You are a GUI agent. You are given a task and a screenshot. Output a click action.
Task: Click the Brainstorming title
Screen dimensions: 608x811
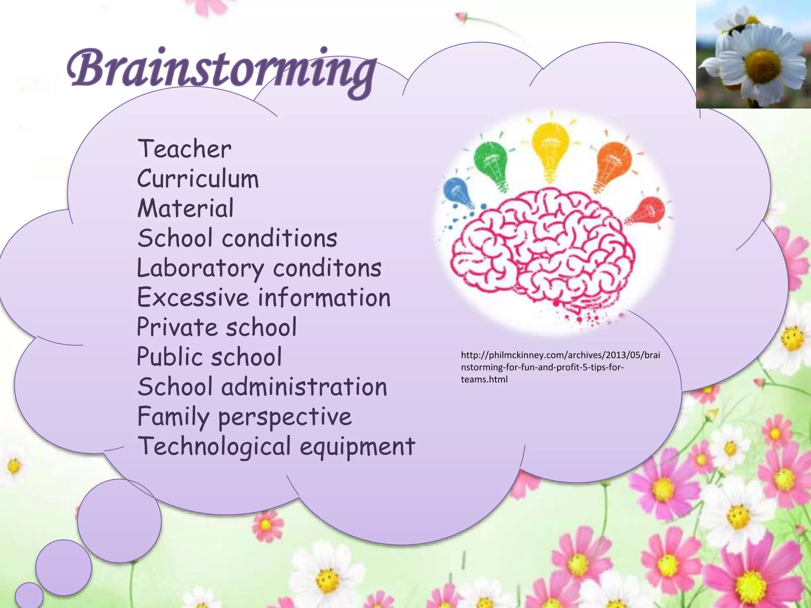coord(221,70)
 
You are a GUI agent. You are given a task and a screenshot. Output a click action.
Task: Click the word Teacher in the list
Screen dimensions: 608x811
coord(184,149)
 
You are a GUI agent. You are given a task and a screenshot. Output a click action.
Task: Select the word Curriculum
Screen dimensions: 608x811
coord(198,179)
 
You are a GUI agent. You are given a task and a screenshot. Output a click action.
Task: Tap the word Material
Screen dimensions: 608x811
coord(185,209)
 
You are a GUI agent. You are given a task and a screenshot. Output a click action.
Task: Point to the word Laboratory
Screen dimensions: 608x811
coord(200,268)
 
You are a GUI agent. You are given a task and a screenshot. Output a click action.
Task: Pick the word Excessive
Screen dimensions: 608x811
coord(192,298)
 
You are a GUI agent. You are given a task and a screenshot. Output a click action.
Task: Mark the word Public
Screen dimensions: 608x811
coord(169,357)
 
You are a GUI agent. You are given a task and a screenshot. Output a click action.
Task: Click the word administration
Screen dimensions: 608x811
coord(304,387)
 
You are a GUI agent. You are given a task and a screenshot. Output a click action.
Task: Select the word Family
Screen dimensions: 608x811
coord(173,417)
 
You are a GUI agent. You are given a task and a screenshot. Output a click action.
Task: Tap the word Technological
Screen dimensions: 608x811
coord(214,446)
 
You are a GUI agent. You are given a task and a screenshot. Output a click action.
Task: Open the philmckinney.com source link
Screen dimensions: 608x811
coord(560,367)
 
